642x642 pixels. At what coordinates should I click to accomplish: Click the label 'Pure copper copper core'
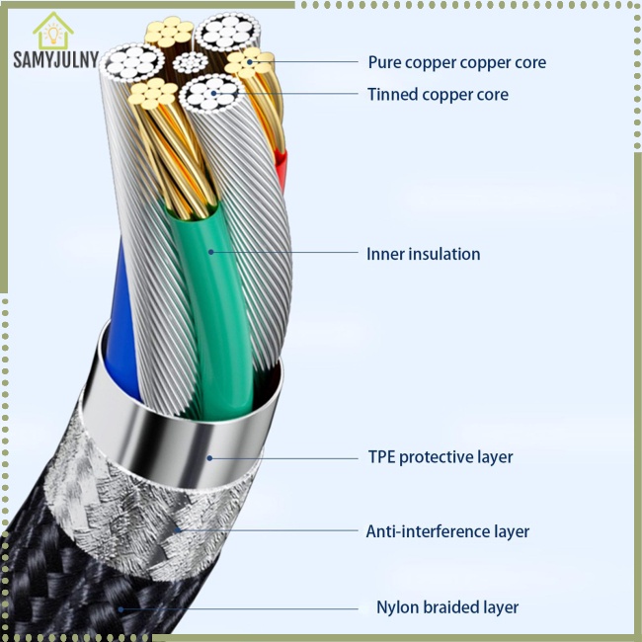click(x=456, y=62)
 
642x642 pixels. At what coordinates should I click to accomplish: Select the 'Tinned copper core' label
click(x=438, y=95)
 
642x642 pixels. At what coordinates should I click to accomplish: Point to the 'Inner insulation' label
click(x=423, y=254)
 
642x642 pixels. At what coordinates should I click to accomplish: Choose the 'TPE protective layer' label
click(x=440, y=457)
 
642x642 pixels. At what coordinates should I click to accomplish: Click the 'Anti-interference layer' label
click(x=447, y=531)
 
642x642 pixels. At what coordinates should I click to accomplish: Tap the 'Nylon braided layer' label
click(x=447, y=607)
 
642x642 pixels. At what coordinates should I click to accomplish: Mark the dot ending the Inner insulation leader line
click(x=210, y=252)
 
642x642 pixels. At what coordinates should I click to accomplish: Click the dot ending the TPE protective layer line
click(x=208, y=457)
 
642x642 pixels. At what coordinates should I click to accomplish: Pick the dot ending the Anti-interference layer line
click(x=178, y=530)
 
